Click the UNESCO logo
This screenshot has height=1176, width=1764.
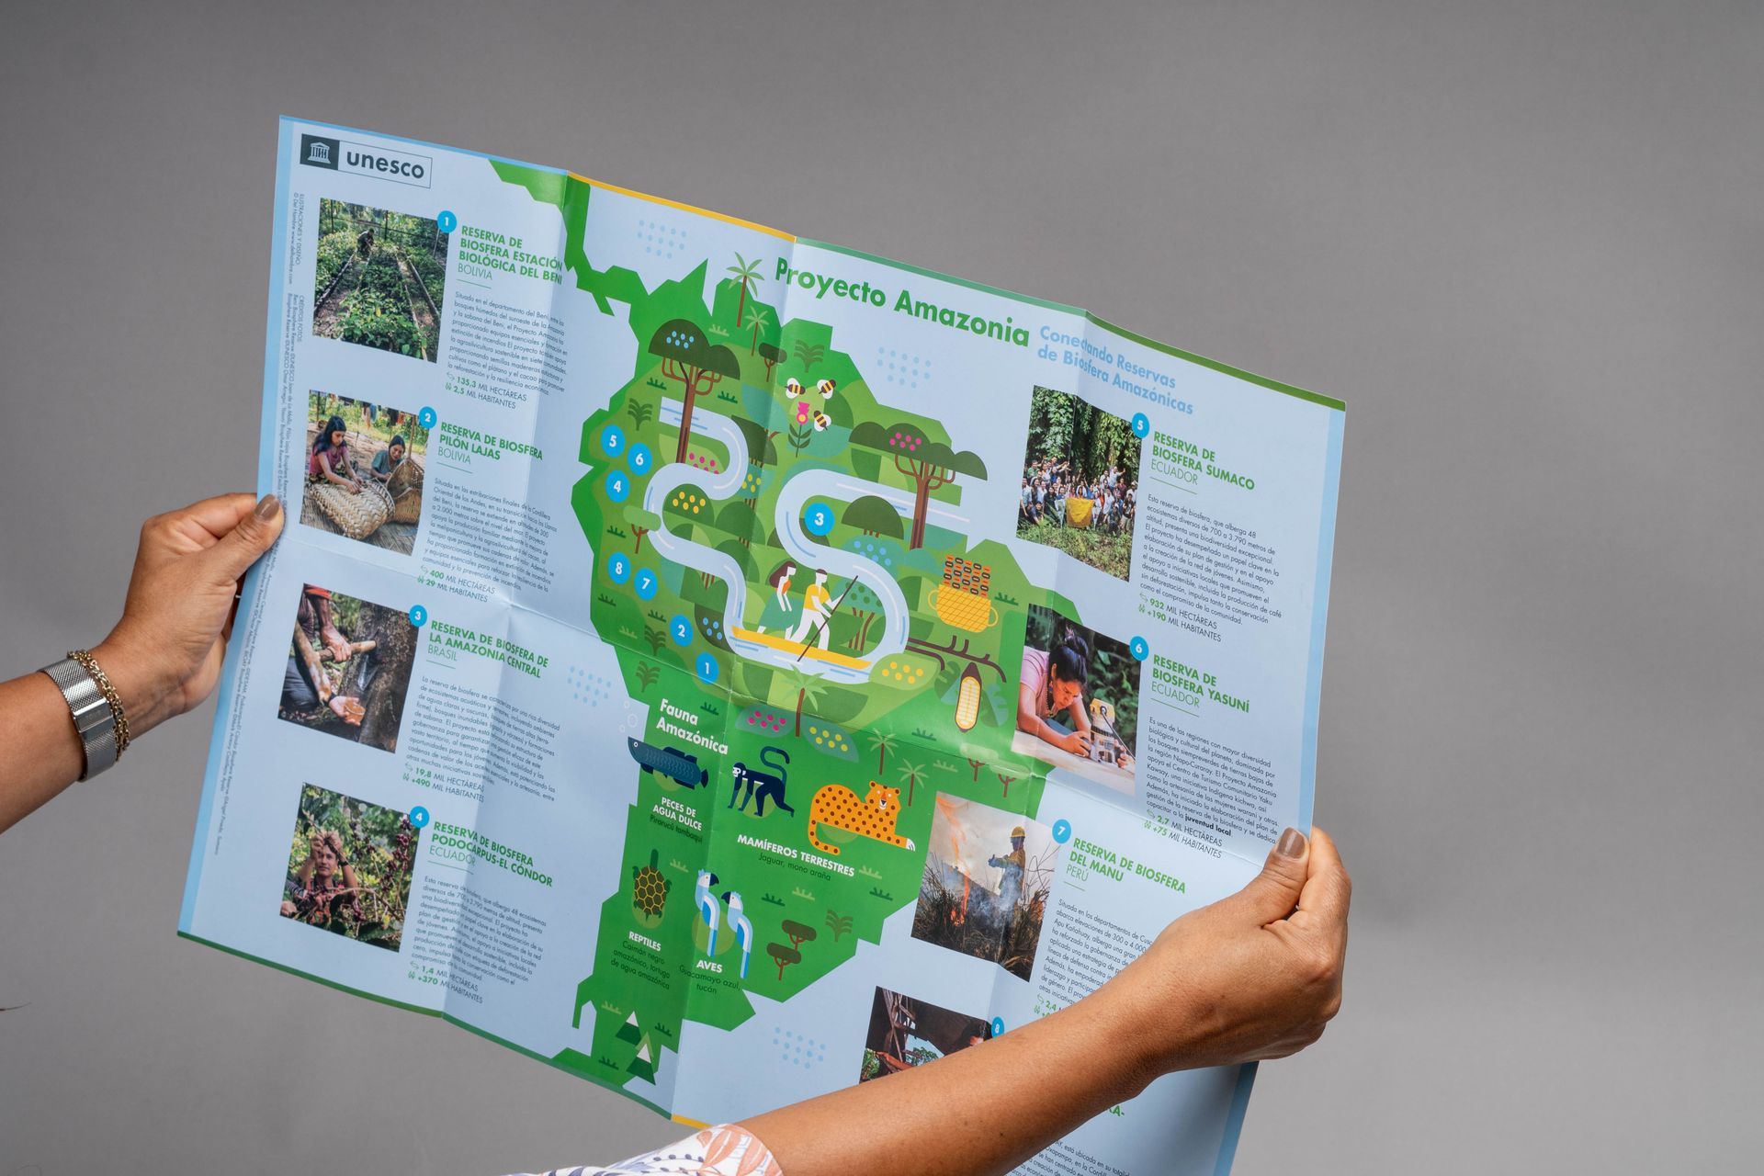366,161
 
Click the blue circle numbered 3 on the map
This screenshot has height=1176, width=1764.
819,520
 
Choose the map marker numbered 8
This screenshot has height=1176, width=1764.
619,567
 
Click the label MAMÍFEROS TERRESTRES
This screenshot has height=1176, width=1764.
796,854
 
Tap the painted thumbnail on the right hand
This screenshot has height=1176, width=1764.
1292,843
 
